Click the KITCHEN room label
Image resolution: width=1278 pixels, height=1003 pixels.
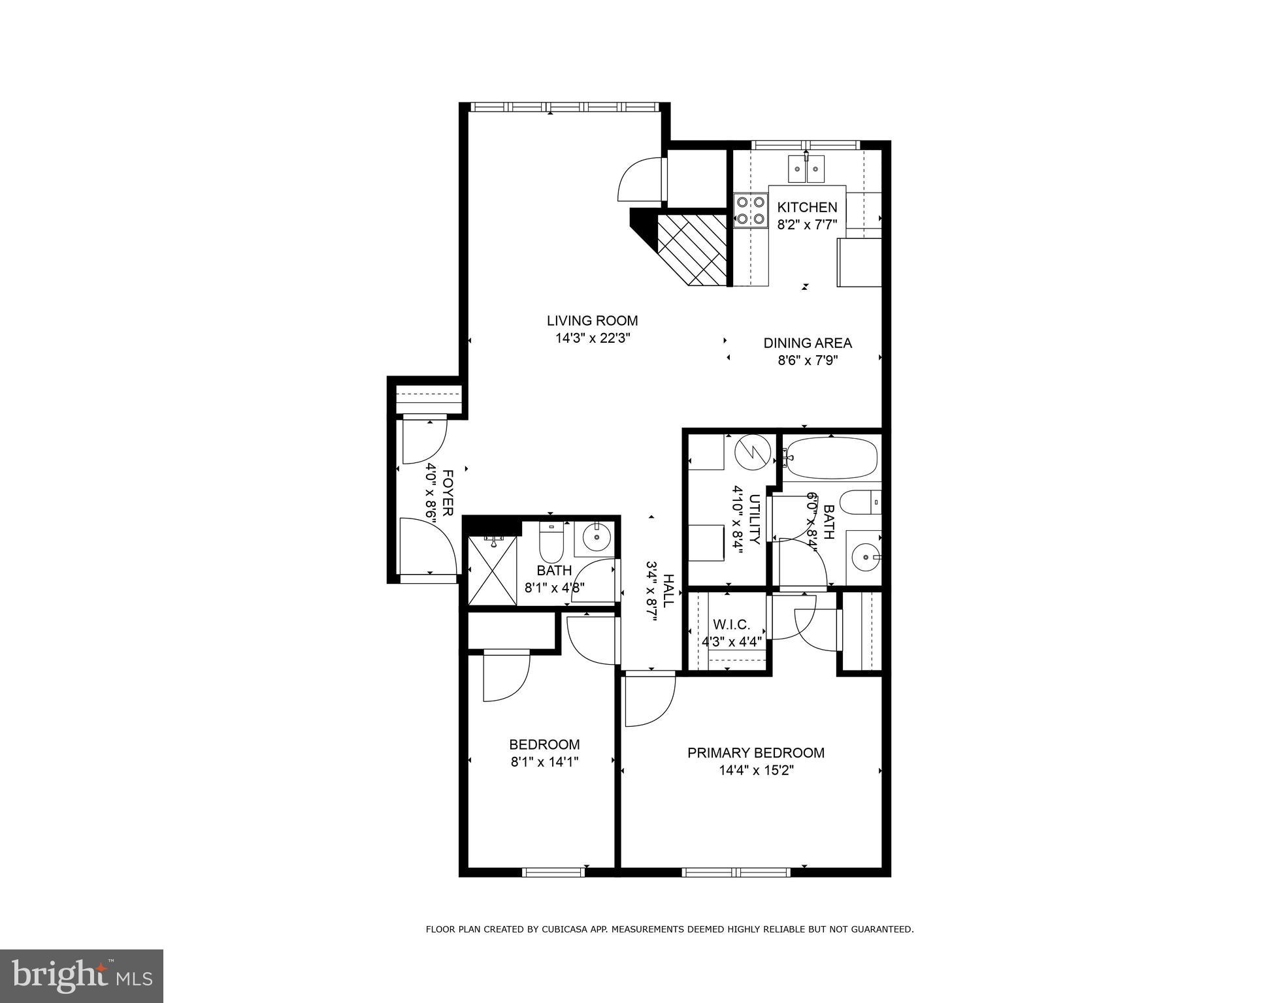coord(806,207)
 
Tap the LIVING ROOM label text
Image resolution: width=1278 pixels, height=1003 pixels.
coord(592,321)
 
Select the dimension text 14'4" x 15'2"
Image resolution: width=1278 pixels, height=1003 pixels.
coord(756,771)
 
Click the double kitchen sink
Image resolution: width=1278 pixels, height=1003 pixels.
coord(806,169)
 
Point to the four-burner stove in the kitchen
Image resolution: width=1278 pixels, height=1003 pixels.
coord(750,210)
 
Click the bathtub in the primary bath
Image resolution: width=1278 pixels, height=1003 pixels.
coord(830,458)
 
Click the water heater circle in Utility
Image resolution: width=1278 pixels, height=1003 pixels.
coord(753,452)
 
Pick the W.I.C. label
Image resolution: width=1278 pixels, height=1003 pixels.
coord(731,624)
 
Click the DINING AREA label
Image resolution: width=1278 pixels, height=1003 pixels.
coord(808,343)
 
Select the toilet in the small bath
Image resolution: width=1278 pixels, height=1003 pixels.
coord(551,545)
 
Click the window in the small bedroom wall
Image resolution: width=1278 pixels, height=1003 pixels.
coord(553,872)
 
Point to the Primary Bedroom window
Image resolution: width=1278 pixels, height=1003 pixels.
coord(736,872)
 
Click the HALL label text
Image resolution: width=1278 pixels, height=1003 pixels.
coord(668,591)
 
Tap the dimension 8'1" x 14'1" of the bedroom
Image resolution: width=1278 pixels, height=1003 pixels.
coord(544,761)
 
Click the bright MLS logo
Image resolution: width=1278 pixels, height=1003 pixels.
coord(82,976)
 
